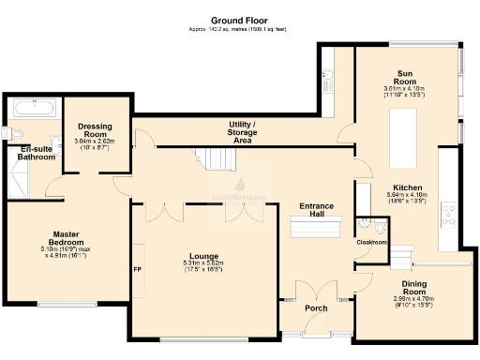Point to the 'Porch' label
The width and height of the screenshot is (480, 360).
click(x=315, y=307)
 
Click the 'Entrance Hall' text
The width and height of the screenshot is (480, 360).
click(x=311, y=210)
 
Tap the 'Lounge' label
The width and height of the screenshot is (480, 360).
click(x=203, y=254)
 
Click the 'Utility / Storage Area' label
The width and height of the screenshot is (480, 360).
click(x=242, y=132)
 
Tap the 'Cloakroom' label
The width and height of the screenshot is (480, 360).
click(x=372, y=242)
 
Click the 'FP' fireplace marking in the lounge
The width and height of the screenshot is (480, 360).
click(x=138, y=272)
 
